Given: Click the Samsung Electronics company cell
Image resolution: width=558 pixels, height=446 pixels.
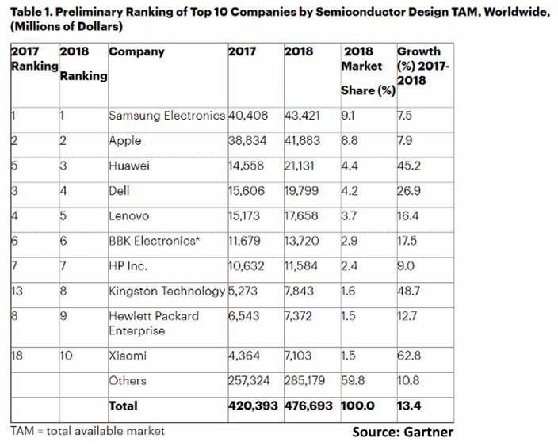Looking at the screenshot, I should point(166,116).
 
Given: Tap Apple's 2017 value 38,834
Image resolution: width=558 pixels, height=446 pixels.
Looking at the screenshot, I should point(247,140).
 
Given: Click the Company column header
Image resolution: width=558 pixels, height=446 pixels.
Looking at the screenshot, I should point(136,51).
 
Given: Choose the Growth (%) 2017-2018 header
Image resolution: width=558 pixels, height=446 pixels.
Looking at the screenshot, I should point(424,65).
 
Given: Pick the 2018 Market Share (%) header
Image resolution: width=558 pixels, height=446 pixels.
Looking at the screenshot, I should point(367,71).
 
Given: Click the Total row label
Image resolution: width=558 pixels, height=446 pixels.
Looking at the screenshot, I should point(123,406).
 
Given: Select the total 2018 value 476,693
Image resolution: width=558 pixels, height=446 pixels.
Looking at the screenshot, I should point(309,406).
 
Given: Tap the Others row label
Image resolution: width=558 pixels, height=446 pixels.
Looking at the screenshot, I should point(127,381).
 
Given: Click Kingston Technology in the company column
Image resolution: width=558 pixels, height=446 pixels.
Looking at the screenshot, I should point(166,291).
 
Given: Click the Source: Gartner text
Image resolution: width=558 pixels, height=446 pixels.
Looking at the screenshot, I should point(402,433).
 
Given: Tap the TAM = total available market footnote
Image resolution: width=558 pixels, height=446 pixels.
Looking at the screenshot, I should point(88,430).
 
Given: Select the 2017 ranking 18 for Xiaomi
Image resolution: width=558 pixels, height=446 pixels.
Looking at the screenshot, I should point(17,356).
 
